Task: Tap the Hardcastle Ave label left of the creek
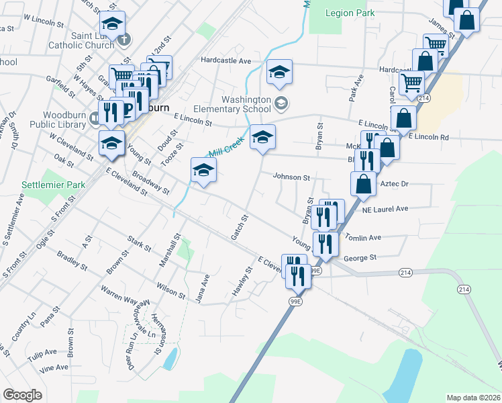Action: click(x=225, y=60)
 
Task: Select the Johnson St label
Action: click(x=291, y=177)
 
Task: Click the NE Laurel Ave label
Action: click(x=385, y=209)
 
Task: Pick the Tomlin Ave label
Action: click(x=362, y=237)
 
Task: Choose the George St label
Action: click(x=360, y=257)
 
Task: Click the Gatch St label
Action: click(x=240, y=227)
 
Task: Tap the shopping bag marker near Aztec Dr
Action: click(x=363, y=184)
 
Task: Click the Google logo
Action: click(x=22, y=395)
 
